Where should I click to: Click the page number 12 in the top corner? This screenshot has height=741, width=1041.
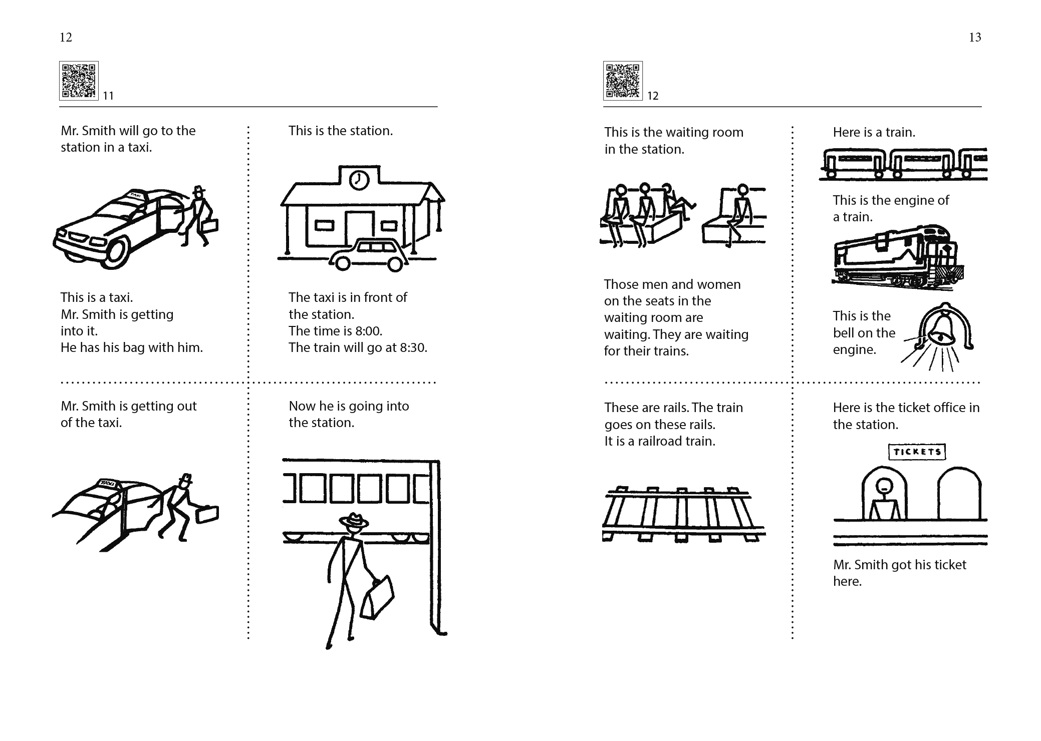pyautogui.click(x=66, y=38)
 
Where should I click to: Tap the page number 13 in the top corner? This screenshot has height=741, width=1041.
pyautogui.click(x=975, y=38)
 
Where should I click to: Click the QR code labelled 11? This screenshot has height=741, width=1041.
pyautogui.click(x=79, y=81)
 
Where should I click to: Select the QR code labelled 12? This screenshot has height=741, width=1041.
pyautogui.click(x=623, y=81)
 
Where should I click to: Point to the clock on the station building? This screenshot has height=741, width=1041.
pyautogui.click(x=359, y=180)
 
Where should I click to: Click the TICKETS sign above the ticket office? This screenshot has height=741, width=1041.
pyautogui.click(x=917, y=452)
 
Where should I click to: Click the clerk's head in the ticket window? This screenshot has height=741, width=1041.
pyautogui.click(x=885, y=484)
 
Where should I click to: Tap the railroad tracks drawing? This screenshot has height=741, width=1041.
pyautogui.click(x=684, y=514)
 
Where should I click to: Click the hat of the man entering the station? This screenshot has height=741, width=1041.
pyautogui.click(x=354, y=521)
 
